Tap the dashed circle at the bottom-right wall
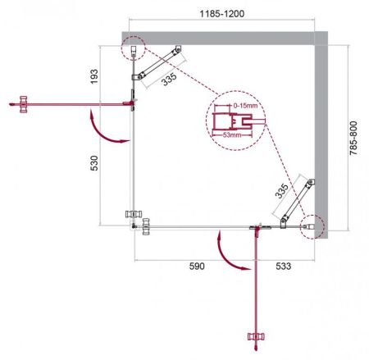click(x=312, y=226)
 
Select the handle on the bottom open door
click(x=256, y=337)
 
